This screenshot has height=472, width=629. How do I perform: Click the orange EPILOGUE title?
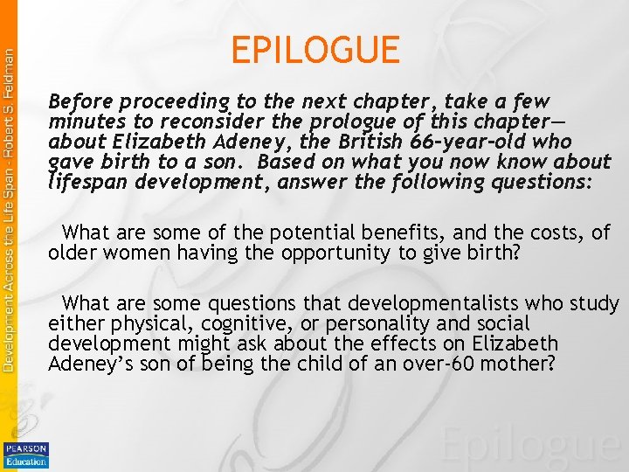coord(314,50)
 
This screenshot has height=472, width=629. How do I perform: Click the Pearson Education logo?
coord(26,455)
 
